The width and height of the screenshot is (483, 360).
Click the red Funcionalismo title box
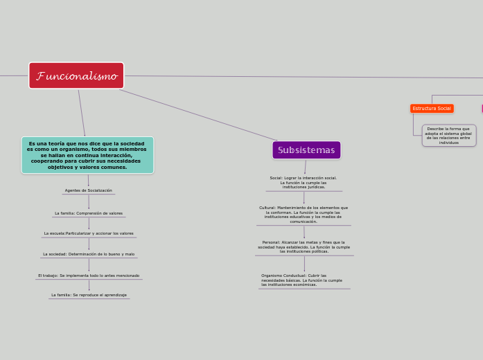coord(76,75)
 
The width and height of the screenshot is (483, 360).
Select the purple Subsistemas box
coord(306,150)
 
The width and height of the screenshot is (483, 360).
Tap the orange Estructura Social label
coord(432,109)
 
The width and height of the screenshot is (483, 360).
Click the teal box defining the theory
coord(87,155)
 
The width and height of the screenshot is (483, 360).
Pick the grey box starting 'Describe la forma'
coord(448,136)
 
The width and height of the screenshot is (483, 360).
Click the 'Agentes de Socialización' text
coord(88,190)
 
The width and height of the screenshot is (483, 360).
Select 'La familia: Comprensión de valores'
coord(89,213)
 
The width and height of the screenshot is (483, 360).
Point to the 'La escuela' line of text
coord(89,233)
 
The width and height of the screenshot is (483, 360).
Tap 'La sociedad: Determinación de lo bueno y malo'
coord(89,254)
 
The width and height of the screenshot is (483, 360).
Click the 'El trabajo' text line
coord(89,276)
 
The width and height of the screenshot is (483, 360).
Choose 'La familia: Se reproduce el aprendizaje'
coord(89,295)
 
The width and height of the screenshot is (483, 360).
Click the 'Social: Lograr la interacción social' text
coord(304,182)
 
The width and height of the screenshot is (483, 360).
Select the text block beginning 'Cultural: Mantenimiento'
coord(304,215)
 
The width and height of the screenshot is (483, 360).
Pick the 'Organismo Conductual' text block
coord(302,280)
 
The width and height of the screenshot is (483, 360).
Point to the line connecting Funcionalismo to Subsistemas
coord(201,116)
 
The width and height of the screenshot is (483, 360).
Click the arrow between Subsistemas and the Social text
coord(305,167)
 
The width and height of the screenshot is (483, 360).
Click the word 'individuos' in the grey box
coord(448,143)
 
